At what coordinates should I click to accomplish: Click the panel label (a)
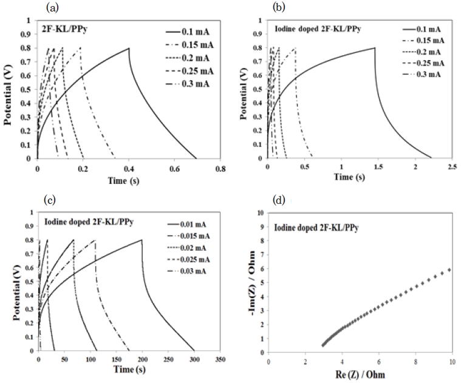(53, 8)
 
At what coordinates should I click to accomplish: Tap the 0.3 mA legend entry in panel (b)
(422, 73)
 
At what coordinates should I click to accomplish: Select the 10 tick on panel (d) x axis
(452, 362)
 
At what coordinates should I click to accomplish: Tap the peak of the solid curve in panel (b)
(375, 48)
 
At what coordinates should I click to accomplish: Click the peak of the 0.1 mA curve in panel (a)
(128, 48)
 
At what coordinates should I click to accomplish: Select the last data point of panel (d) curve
(449, 269)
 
